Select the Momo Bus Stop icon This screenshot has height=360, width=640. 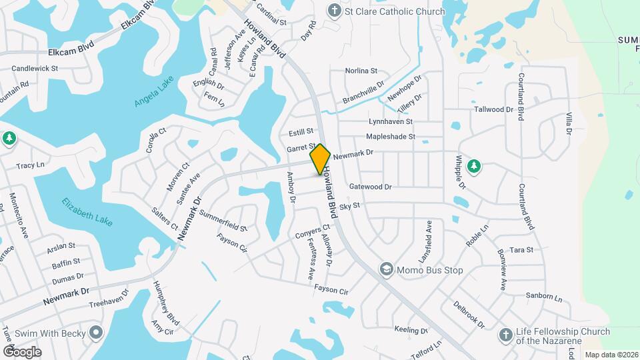pos(386,269)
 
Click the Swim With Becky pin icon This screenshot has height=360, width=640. pos(97,331)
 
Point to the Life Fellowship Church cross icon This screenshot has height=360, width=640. pos(507,335)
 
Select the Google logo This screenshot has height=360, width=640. pos(22,351)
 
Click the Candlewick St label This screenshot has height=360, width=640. pos(35,68)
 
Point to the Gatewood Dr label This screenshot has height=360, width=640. pos(370,187)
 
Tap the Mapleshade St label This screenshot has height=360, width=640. pos(391,137)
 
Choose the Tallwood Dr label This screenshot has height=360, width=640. pos(493,109)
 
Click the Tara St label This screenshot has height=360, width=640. pos(521,249)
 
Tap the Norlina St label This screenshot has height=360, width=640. pos(361,71)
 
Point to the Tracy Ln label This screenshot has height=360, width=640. pos(30,165)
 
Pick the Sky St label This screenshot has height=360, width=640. pos(349,207)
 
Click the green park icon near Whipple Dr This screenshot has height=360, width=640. pos(474,165)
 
